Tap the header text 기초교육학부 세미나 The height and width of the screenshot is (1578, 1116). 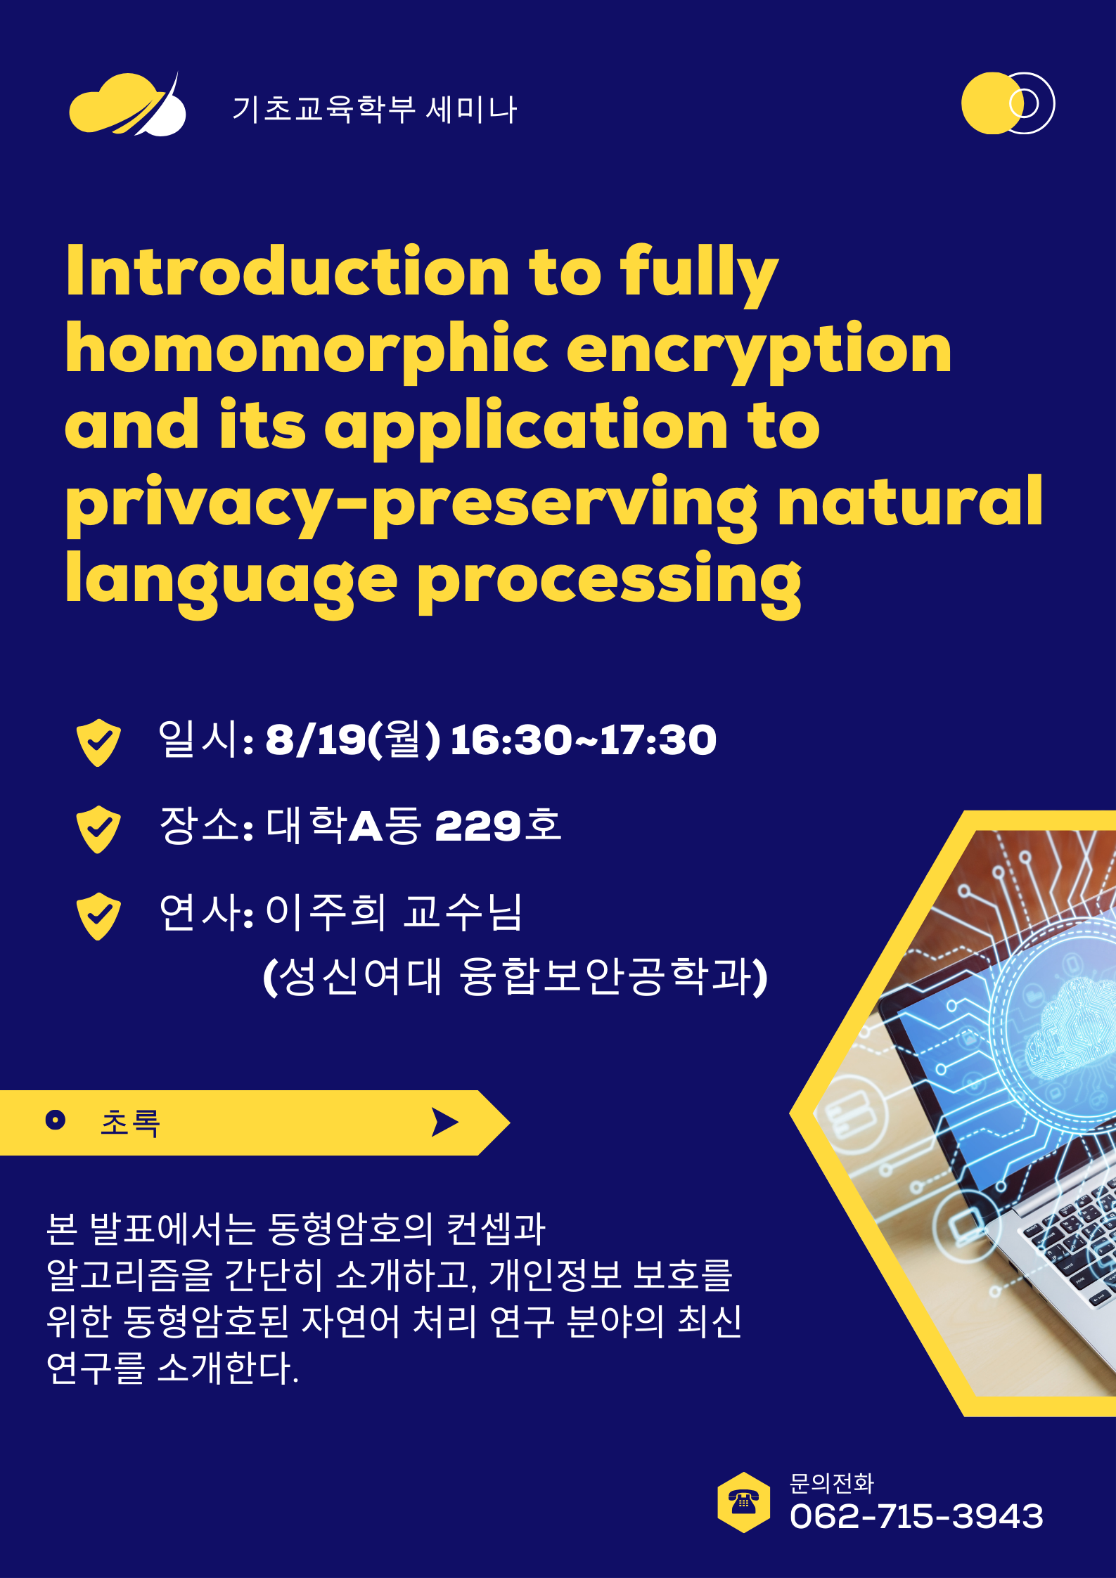(x=375, y=110)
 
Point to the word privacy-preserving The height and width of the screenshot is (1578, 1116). (x=411, y=504)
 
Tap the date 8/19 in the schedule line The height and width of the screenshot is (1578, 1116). (x=315, y=740)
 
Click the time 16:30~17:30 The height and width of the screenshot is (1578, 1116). (x=583, y=740)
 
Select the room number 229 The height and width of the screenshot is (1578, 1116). (x=477, y=826)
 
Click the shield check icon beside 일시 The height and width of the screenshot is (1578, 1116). (x=98, y=742)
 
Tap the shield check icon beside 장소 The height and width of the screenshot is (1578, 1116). (x=98, y=829)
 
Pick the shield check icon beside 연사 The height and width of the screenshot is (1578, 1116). (x=98, y=917)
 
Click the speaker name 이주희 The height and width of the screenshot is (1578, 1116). (x=326, y=912)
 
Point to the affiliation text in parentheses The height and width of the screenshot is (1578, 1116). (x=515, y=977)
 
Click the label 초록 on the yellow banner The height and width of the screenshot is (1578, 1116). (x=131, y=1123)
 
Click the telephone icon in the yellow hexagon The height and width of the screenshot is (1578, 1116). (x=743, y=1502)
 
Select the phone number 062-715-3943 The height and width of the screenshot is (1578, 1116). (x=916, y=1516)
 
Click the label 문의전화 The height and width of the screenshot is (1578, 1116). (x=832, y=1483)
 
